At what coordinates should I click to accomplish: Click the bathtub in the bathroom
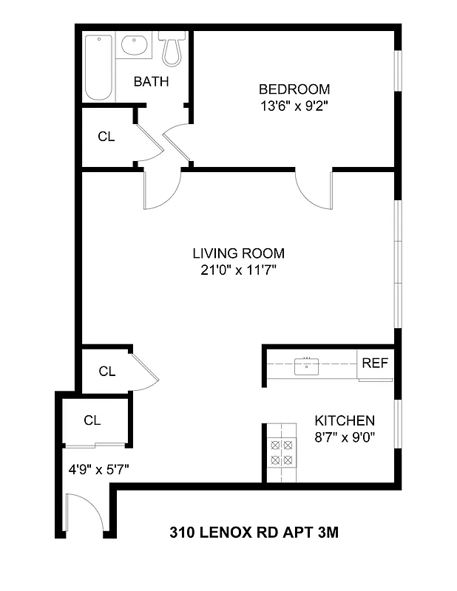98,68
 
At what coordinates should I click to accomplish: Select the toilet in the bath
172,48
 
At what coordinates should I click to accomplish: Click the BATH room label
151,81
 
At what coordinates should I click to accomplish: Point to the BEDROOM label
294,89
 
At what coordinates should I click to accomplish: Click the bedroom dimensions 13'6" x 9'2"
294,106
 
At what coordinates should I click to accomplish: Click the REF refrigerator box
374,364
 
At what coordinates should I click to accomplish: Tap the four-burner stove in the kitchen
281,452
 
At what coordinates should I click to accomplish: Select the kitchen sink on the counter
305,365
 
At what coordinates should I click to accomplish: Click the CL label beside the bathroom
106,137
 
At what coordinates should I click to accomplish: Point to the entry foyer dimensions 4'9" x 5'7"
92,467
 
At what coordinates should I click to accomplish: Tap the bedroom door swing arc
313,188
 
